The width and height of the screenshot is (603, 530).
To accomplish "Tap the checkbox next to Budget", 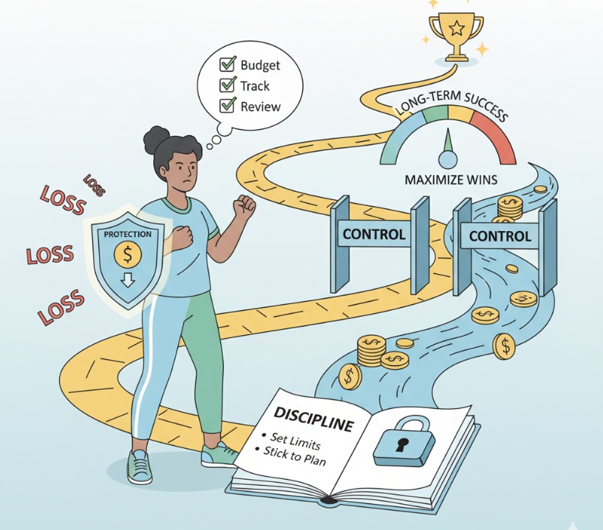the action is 228,63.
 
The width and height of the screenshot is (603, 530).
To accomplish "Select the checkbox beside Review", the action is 228,105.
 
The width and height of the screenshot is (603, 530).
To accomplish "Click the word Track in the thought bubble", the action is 255,86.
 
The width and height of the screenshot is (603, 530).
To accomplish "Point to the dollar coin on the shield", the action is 128,255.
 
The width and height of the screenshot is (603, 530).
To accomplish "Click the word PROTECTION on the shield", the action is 128,234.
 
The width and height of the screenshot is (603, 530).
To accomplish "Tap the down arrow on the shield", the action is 128,280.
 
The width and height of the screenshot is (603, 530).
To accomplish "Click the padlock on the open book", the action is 403,441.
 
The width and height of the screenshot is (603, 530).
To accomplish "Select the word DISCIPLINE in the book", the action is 313,419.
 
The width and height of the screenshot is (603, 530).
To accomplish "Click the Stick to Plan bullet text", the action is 294,456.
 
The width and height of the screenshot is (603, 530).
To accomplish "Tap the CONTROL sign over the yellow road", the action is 374,234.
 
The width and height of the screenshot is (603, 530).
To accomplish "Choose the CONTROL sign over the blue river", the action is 500,235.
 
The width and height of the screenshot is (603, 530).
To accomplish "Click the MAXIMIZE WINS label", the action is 451,179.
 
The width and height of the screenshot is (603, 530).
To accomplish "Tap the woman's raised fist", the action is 243,207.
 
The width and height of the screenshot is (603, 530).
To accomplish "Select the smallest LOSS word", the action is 95,185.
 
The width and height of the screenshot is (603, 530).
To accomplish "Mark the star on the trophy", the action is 457,28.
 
